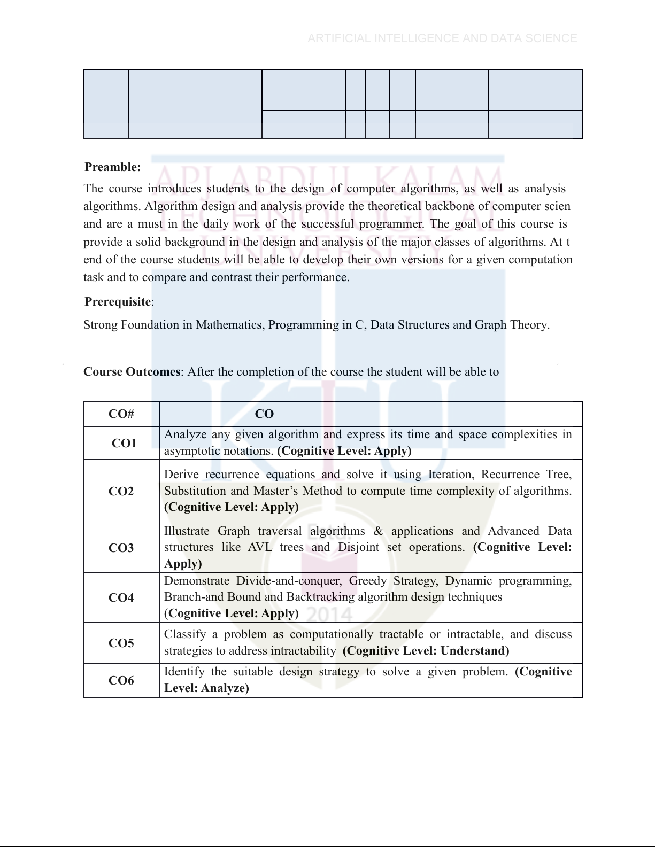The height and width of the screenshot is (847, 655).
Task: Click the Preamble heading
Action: click(113, 167)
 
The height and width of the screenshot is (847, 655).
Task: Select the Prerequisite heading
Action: click(118, 302)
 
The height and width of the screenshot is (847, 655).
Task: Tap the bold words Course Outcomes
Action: click(132, 372)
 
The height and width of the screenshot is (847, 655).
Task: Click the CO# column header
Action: click(121, 414)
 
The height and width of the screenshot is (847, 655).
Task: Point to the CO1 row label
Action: click(124, 443)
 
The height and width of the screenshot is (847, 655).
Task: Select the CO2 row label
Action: click(121, 492)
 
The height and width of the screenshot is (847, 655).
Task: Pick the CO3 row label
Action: click(121, 548)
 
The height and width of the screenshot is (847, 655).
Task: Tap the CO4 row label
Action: click(121, 597)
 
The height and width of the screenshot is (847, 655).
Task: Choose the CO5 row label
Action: click(121, 643)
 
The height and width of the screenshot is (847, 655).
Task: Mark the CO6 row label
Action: click(121, 680)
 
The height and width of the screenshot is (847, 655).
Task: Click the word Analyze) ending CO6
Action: click(225, 688)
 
